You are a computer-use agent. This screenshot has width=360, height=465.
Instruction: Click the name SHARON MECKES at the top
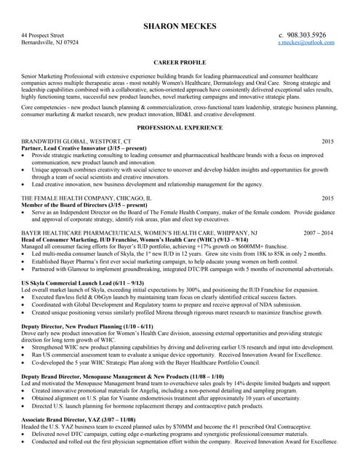180,26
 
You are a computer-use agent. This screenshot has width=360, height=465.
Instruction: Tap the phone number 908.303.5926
306,35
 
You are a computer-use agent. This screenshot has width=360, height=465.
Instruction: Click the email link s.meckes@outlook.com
306,43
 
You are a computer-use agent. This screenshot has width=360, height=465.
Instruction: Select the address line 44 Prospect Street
43,35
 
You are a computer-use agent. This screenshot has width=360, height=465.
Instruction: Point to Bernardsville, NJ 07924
50,43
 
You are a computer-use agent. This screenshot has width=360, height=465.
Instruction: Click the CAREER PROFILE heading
180,63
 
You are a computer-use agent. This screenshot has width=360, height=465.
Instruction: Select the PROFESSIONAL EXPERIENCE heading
180,127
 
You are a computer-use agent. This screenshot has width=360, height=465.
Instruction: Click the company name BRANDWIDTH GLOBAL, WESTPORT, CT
76,140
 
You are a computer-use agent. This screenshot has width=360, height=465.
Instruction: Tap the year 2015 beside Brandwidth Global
327,140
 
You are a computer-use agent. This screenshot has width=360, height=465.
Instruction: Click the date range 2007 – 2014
319,232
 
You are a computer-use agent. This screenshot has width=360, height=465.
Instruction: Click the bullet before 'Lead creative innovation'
24,185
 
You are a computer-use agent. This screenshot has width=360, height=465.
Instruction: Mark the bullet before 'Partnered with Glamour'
24,268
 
